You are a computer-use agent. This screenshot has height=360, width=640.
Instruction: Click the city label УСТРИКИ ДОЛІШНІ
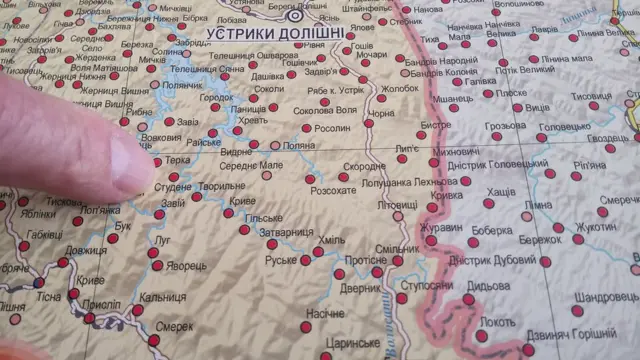pyautogui.click(x=274, y=34)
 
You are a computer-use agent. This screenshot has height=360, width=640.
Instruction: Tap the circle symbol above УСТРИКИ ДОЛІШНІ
pyautogui.click(x=294, y=16)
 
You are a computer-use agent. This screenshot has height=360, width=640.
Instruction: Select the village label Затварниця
pyautogui.click(x=286, y=233)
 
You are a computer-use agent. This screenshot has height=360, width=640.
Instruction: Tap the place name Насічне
pyautogui.click(x=326, y=313)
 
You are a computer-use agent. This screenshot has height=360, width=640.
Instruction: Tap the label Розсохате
pyautogui.click(x=334, y=190)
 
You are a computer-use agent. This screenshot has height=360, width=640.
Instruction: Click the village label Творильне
pyautogui.click(x=221, y=187)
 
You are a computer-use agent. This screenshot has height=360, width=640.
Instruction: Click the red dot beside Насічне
pyautogui.click(x=306, y=326)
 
